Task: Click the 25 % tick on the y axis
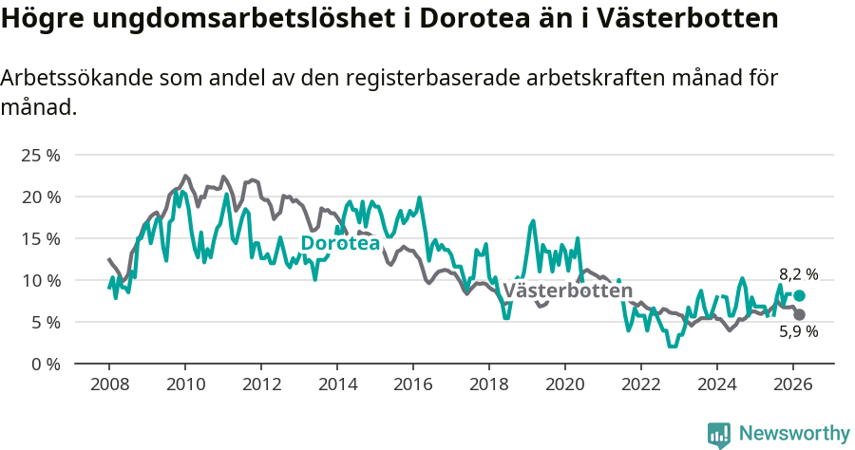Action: click(x=40, y=155)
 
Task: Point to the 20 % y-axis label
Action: click(x=40, y=197)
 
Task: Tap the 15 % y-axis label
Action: click(x=40, y=238)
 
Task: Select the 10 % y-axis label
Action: click(x=40, y=280)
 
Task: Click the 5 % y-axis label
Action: click(x=45, y=322)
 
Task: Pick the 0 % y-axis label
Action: click(x=45, y=364)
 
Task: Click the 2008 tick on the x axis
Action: click(x=109, y=384)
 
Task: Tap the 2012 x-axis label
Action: click(x=261, y=384)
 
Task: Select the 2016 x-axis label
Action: click(x=413, y=384)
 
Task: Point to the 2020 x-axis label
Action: click(x=565, y=384)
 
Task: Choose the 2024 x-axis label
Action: click(x=717, y=384)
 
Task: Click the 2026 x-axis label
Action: click(x=793, y=384)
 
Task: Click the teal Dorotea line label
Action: click(x=340, y=244)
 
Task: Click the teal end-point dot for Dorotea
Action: click(x=800, y=295)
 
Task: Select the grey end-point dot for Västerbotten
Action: click(x=800, y=314)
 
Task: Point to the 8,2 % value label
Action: click(x=798, y=274)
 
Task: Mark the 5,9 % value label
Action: click(x=798, y=332)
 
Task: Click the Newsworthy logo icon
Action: click(x=719, y=434)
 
